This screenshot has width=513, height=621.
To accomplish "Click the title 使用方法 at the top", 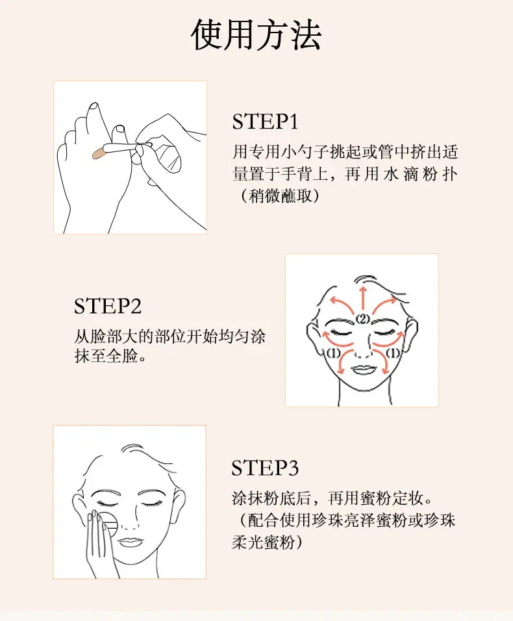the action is click(x=256, y=35).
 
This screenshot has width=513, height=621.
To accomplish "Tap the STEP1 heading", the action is click(x=265, y=121).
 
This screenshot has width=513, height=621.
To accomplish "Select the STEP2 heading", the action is click(x=108, y=306).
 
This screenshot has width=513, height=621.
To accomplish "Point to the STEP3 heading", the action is click(x=265, y=468).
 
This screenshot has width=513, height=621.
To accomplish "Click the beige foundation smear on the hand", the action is click(x=98, y=153).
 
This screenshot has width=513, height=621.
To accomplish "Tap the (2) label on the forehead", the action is click(x=362, y=319).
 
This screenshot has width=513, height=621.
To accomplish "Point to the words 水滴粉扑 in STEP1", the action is click(x=420, y=174).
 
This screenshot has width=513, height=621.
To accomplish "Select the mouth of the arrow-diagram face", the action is click(x=363, y=370).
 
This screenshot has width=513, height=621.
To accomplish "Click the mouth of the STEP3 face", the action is click(x=131, y=541).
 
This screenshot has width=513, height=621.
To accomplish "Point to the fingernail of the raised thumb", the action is click(x=94, y=107).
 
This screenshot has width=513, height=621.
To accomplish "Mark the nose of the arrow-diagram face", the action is click(x=363, y=349).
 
